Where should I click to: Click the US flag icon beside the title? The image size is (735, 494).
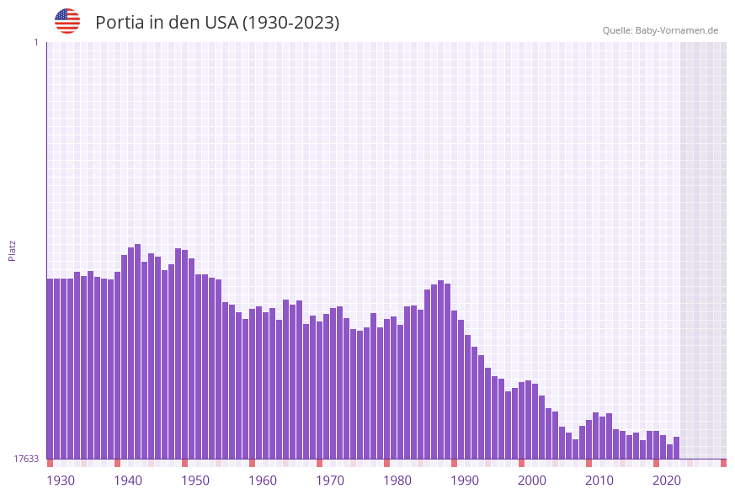(67, 21)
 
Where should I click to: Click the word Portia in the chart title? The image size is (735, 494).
(120, 23)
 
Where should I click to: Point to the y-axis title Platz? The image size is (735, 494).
(13, 250)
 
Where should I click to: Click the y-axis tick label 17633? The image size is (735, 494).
(26, 459)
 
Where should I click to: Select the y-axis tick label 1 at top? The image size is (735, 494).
(35, 42)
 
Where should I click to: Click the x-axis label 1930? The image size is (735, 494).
(60, 481)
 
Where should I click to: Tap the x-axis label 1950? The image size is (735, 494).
(195, 481)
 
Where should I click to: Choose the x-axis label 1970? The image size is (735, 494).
(330, 481)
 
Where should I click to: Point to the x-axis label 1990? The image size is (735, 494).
(465, 481)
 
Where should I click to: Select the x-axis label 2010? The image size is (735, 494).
(599, 481)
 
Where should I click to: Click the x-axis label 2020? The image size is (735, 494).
(667, 481)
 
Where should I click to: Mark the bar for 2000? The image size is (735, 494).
(521, 420)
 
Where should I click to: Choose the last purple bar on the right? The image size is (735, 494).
(676, 448)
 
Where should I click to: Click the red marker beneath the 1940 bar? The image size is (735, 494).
(117, 463)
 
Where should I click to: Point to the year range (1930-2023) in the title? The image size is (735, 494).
(290, 23)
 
